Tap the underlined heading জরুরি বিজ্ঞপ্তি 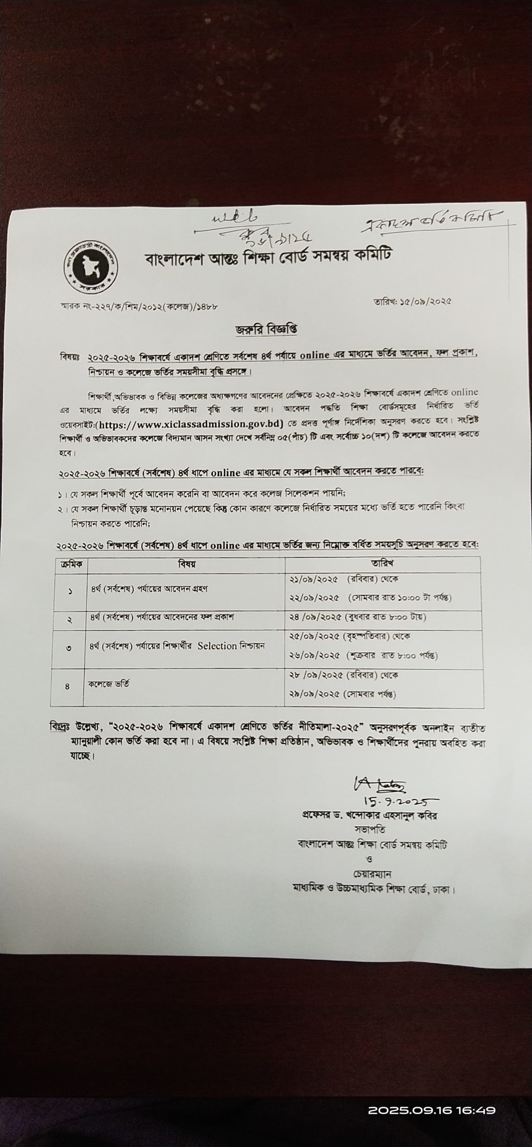[267, 329]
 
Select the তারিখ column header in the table [382, 563]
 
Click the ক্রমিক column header [71, 565]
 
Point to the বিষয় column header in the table [186, 564]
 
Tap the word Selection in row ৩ [217, 646]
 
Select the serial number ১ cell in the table [70, 591]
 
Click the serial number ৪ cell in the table [68, 686]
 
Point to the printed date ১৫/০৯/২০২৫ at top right [412, 301]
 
